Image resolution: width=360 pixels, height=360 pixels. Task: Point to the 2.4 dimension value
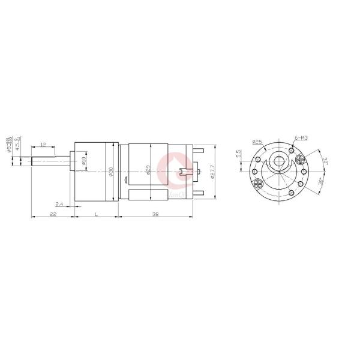point(59,204)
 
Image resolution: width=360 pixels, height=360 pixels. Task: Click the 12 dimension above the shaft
point(43,145)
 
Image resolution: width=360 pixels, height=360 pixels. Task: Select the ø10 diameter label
point(84,161)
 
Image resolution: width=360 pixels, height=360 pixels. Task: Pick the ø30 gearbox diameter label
point(112,171)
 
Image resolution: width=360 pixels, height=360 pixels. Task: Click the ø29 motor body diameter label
point(148,171)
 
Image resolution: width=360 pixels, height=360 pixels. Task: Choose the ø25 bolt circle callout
point(257,142)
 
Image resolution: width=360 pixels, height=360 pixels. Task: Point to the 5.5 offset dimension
point(238,154)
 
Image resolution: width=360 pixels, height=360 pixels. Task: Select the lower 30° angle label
point(322,181)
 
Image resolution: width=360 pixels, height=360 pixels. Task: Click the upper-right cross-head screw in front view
point(299,158)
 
